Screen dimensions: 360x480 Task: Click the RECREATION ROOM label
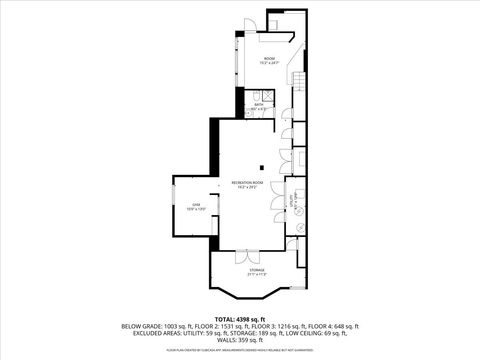pos(246,183)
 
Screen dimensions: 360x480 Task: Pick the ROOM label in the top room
pos(269,60)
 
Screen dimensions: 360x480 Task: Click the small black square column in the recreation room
pos(262,167)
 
